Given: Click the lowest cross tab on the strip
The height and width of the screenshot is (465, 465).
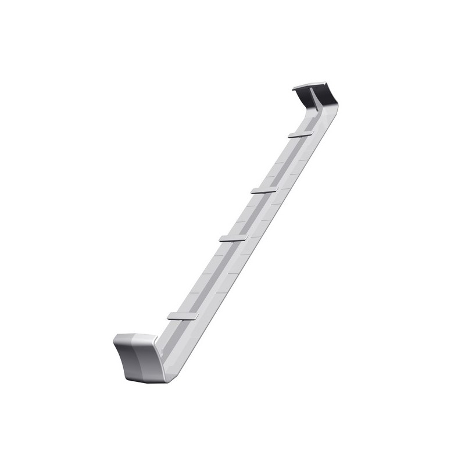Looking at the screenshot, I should point(183,316).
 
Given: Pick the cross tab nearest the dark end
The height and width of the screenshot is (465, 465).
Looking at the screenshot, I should point(302,135).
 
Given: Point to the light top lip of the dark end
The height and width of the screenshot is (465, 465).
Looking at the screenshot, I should point(311,86).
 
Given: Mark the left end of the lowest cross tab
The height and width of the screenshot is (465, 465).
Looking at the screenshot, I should point(169,317).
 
